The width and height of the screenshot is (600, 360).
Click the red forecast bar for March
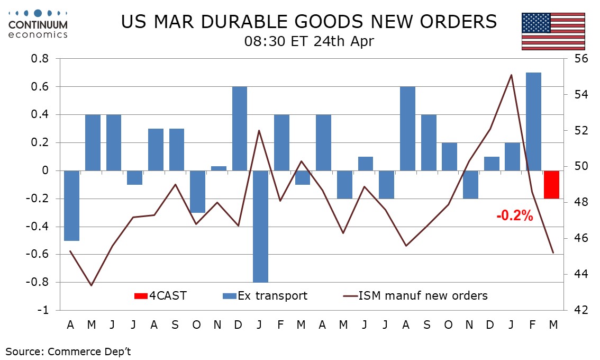point(552,184)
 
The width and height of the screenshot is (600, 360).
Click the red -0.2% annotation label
point(514,215)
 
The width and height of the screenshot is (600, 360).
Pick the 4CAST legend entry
point(160,295)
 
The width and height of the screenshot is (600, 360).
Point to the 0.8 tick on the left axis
point(41,59)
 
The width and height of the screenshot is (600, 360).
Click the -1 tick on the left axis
point(44,310)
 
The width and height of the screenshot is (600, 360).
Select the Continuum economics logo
point(38,24)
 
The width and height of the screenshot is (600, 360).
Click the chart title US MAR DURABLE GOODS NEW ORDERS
point(309,22)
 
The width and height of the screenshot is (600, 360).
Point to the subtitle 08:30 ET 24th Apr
point(309,41)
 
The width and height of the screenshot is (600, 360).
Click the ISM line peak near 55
point(511,75)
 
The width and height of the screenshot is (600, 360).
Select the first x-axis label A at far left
point(70,324)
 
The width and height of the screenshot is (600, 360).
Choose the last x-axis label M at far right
point(553,324)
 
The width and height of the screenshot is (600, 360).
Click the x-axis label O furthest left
point(196,324)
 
